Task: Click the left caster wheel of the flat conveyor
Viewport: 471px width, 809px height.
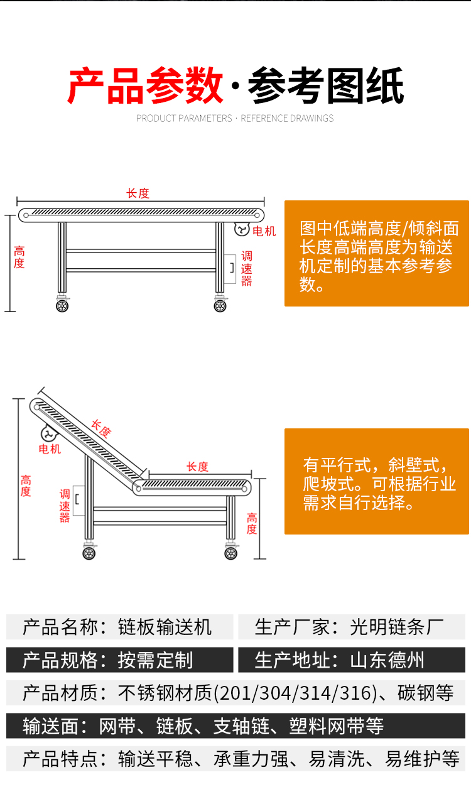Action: click(62, 307)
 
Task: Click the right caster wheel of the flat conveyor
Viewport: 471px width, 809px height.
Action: click(220, 307)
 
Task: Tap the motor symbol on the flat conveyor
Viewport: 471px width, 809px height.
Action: click(242, 229)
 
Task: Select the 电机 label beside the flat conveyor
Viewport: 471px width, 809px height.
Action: click(264, 231)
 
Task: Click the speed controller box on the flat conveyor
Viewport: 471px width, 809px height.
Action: click(230, 269)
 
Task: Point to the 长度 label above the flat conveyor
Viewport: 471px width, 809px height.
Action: click(138, 193)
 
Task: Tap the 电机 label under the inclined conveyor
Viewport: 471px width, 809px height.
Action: click(50, 449)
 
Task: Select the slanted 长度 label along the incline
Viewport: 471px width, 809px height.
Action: click(101, 429)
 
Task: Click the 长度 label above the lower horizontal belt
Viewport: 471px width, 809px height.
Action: click(198, 467)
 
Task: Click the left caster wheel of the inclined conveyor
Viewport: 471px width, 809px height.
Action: click(89, 553)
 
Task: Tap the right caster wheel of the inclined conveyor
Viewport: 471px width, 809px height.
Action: click(231, 553)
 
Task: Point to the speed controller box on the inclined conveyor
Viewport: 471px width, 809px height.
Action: click(78, 500)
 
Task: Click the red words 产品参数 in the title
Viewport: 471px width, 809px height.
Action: click(145, 86)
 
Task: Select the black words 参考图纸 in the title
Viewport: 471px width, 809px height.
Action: click(326, 86)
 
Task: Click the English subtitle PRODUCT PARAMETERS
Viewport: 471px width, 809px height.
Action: click(184, 119)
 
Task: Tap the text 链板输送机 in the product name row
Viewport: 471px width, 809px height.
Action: click(165, 627)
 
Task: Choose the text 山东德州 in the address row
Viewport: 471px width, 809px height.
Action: click(387, 660)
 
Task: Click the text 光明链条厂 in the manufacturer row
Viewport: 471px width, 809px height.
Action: click(397, 627)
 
